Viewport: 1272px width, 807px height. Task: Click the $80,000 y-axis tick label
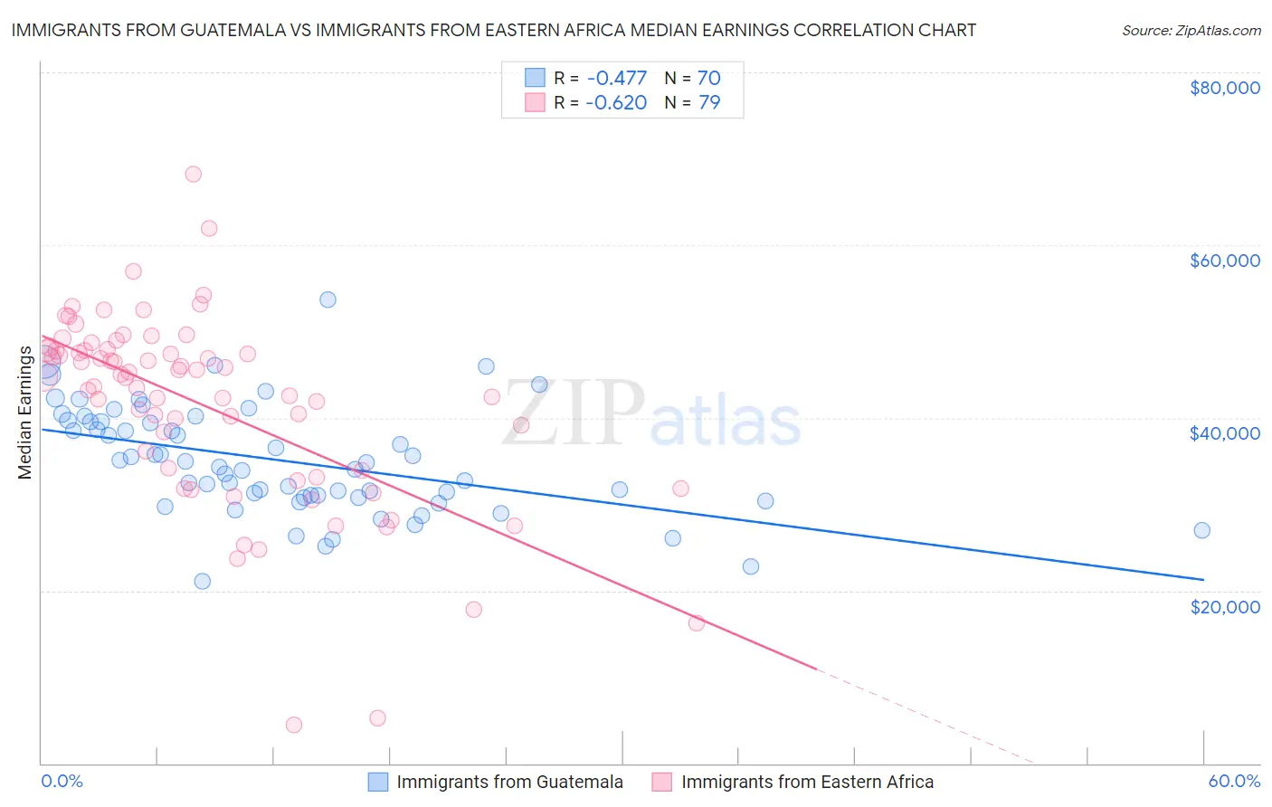tap(1224, 88)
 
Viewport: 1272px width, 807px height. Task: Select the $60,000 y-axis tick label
tap(1224, 261)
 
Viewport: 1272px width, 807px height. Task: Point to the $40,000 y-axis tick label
tap(1224, 433)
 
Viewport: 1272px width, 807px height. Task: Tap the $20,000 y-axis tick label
tap(1224, 606)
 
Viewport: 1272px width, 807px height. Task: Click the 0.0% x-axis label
tap(62, 781)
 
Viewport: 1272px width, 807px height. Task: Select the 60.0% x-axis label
tap(1234, 781)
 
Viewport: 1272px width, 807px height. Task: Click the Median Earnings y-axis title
tap(25, 413)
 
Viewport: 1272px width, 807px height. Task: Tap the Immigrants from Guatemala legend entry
tap(509, 782)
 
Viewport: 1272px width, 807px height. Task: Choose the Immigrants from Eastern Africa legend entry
tap(807, 782)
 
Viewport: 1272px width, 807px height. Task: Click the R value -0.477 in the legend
tap(615, 79)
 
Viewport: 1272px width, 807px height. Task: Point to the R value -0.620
tap(615, 103)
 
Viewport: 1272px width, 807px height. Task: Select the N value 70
tap(708, 79)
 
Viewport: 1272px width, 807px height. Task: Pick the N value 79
tap(708, 103)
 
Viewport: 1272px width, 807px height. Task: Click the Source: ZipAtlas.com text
tap(1191, 31)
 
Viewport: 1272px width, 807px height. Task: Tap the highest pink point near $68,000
tap(193, 174)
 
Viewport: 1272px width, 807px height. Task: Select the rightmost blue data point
tap(1201, 530)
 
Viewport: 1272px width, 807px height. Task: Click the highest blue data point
tap(327, 299)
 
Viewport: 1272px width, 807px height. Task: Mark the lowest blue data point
tap(203, 581)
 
